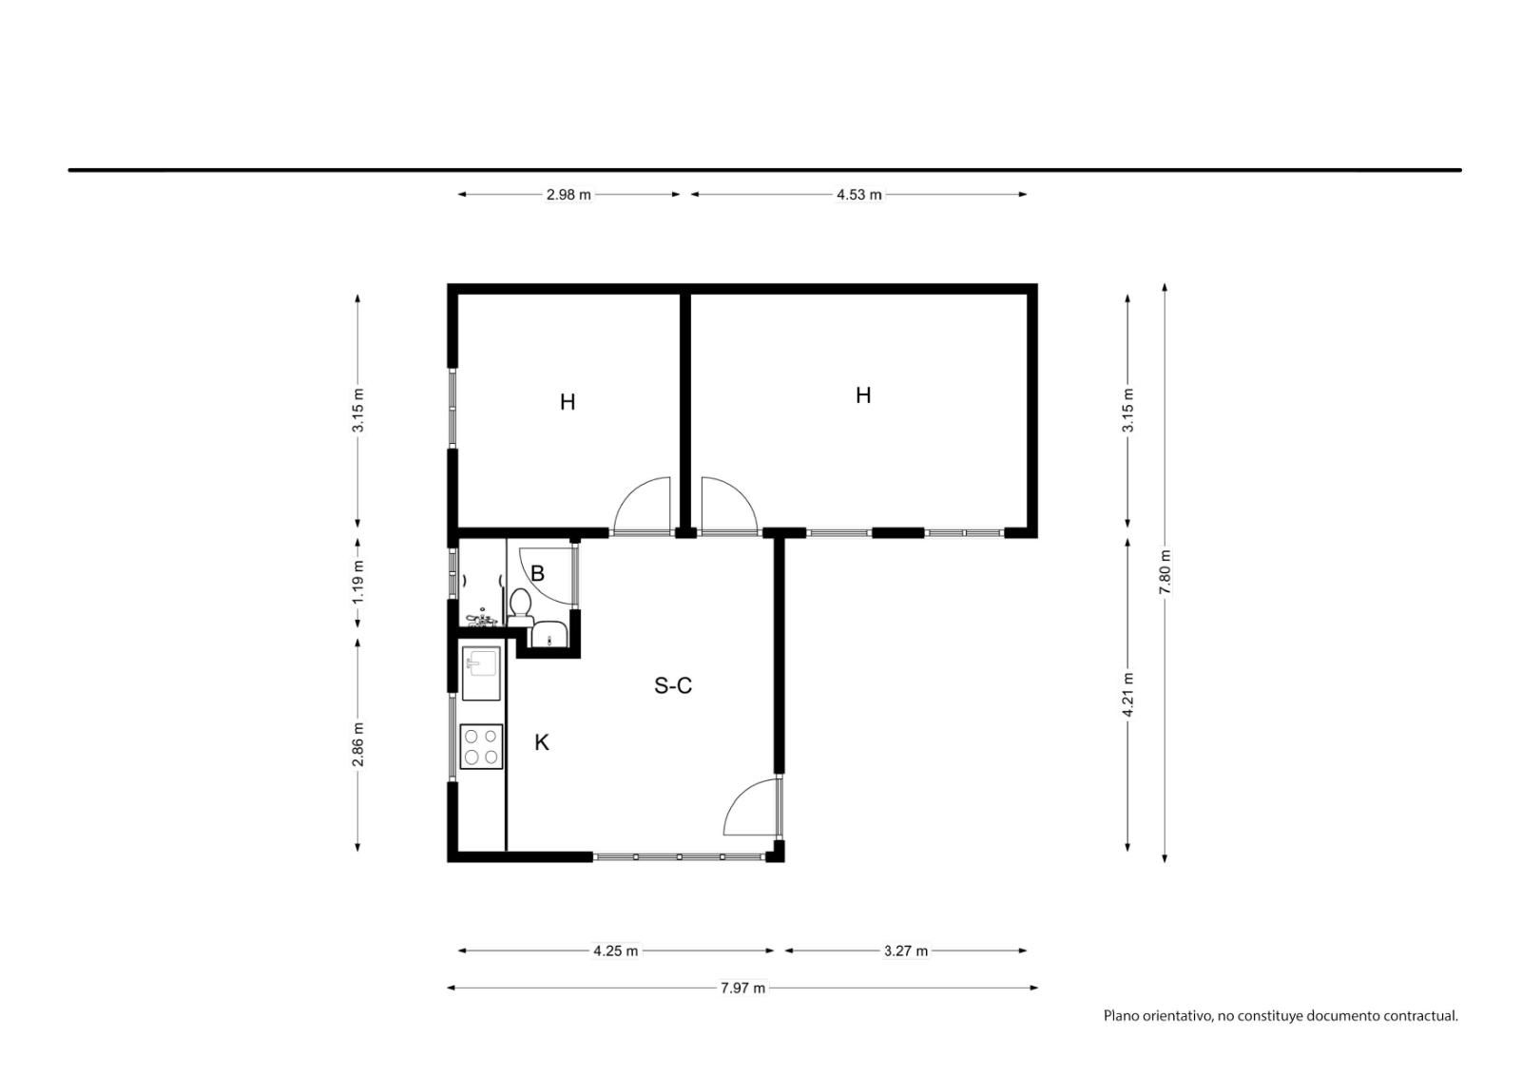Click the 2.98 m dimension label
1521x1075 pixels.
click(x=568, y=195)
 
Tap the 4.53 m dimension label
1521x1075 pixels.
click(x=859, y=195)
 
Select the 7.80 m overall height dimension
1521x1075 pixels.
click(x=1165, y=571)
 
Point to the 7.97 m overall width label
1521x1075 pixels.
click(x=742, y=989)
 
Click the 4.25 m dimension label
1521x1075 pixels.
click(x=616, y=950)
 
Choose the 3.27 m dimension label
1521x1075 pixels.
click(x=906, y=950)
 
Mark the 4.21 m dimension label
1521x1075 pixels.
click(x=1127, y=695)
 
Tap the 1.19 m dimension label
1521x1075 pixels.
click(x=358, y=583)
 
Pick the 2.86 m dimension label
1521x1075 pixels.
click(x=358, y=745)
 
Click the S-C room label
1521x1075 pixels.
click(x=673, y=686)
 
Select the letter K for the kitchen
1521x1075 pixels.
click(x=542, y=743)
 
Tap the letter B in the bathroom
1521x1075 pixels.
click(x=537, y=574)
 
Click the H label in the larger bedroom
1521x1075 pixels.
click(x=863, y=395)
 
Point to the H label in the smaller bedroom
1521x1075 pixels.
click(x=568, y=403)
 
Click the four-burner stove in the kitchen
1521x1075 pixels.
click(x=481, y=747)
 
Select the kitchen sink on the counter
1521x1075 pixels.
click(x=481, y=673)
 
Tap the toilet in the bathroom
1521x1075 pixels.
click(x=521, y=607)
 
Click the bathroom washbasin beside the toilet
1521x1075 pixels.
click(x=548, y=634)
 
